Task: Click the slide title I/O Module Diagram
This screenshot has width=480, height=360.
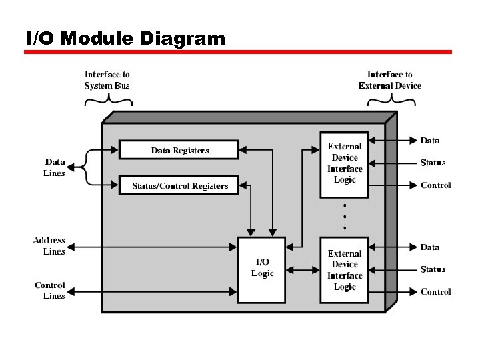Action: click(x=125, y=39)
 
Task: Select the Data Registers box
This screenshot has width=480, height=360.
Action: click(x=179, y=150)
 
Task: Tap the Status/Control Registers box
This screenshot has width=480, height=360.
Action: click(x=179, y=185)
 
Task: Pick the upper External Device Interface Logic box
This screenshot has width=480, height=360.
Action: click(x=344, y=163)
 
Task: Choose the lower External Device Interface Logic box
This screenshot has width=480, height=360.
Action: click(x=344, y=270)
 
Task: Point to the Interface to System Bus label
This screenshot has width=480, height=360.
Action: click(x=107, y=80)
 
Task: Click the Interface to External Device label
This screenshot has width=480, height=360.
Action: click(x=389, y=80)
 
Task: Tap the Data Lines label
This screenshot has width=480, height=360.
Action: click(x=55, y=167)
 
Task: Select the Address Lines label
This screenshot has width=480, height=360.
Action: click(x=50, y=246)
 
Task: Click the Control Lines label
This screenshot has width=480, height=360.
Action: click(x=50, y=291)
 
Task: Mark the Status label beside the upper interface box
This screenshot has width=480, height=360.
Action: click(x=433, y=163)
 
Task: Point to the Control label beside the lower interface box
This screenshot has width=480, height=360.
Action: click(x=435, y=292)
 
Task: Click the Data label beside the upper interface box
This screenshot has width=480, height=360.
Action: click(x=429, y=141)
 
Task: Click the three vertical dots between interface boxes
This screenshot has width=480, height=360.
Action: click(x=344, y=217)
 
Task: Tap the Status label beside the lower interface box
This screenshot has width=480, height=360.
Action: click(x=433, y=269)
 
